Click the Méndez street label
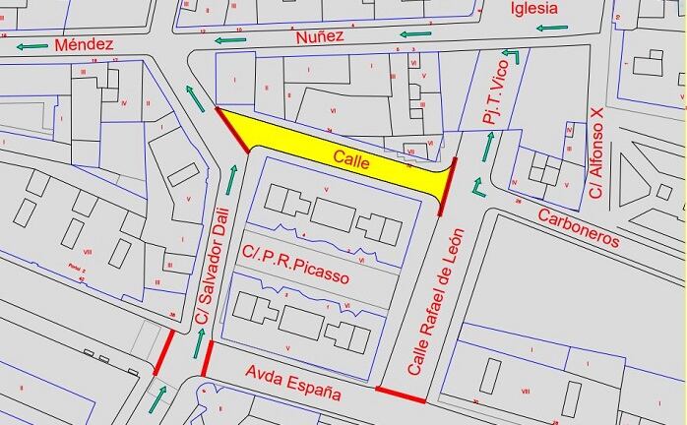coord(85,44)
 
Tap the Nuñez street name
coord(320,36)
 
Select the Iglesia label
coord(534,9)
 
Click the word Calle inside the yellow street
coord(350,158)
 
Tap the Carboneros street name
coord(579,226)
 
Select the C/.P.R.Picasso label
coord(295,266)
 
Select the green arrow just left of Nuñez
coord(231,39)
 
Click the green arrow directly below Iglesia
coord(540,28)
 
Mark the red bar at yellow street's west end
coord(232,131)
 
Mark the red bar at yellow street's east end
coord(448,186)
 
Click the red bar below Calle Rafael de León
coord(401,395)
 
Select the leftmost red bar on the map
coord(164,351)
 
